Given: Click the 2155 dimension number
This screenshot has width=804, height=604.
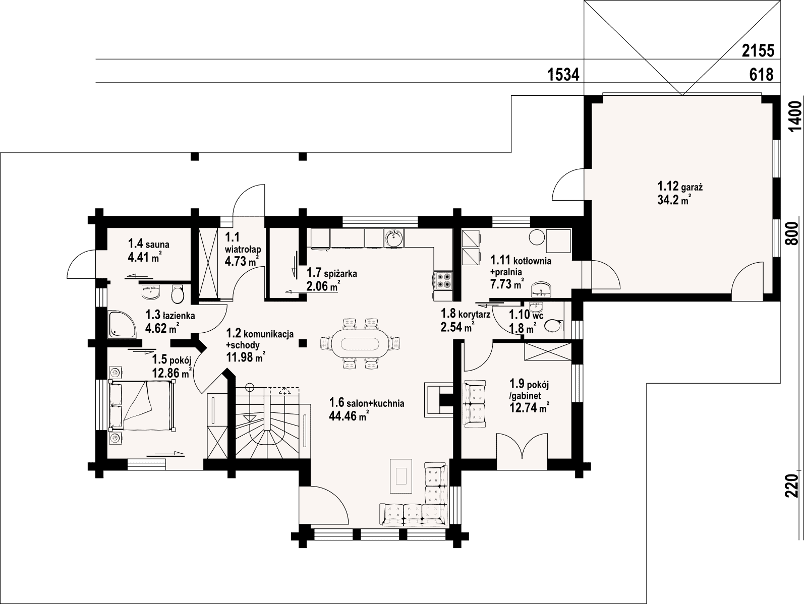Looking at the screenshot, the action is pyautogui.click(x=758, y=51).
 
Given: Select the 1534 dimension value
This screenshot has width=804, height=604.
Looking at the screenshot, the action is pyautogui.click(x=563, y=75).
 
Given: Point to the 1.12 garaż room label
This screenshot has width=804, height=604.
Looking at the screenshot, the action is pyautogui.click(x=680, y=187).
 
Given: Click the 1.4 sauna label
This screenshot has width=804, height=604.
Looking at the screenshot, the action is pyautogui.click(x=148, y=244).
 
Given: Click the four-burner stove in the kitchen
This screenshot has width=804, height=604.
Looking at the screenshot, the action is pyautogui.click(x=443, y=280).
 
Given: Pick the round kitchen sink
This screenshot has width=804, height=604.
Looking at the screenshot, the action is pyautogui.click(x=393, y=238).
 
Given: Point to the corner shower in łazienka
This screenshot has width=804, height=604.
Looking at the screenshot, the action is pyautogui.click(x=122, y=324).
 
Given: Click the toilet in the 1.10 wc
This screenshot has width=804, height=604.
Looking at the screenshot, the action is pyautogui.click(x=554, y=325).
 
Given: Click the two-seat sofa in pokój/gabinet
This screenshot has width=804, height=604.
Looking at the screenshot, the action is pyautogui.click(x=475, y=403).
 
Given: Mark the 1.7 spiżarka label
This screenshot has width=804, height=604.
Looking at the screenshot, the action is pyautogui.click(x=331, y=273).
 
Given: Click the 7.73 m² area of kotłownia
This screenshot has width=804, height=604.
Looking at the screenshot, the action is pyautogui.click(x=507, y=284).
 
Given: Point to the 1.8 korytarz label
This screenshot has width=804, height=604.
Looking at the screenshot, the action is pyautogui.click(x=466, y=314).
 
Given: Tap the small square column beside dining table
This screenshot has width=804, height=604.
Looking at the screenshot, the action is pyautogui.click(x=303, y=343).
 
